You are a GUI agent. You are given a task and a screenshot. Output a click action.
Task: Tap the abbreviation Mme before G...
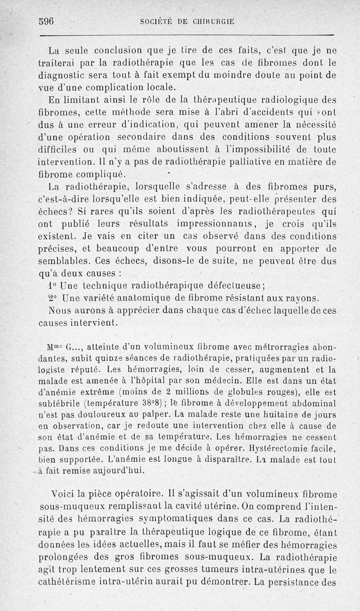[x=54, y=347]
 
